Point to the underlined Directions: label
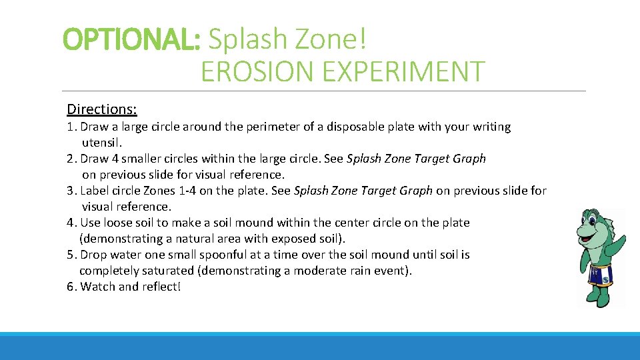coord(102,109)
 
